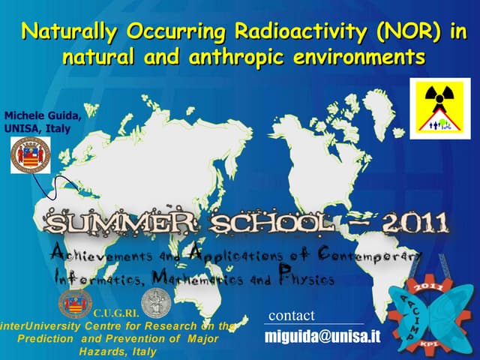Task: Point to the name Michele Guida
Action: coord(43,115)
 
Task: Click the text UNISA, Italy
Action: coord(37,128)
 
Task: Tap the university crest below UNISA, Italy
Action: coord(31,154)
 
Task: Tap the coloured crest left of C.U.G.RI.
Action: coord(75,303)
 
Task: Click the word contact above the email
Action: coord(291,315)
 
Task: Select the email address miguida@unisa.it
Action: coord(322,337)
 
